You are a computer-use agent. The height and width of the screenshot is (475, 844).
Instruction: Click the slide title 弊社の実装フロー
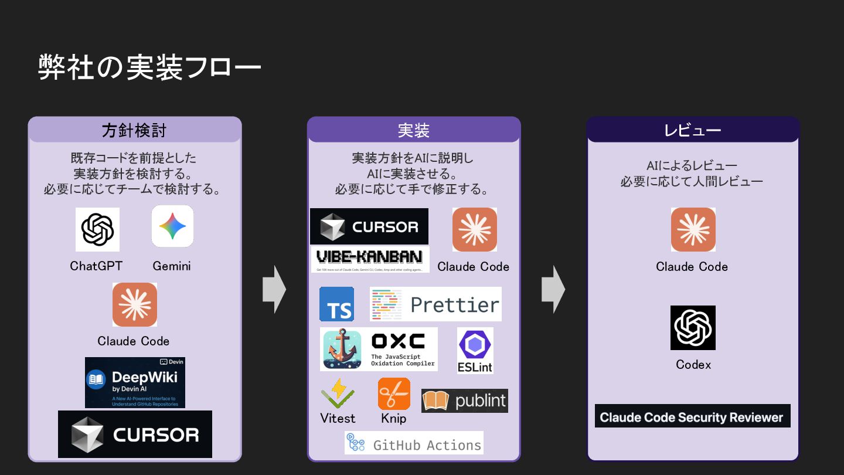click(x=149, y=67)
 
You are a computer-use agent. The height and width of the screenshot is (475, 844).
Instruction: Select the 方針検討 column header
click(x=134, y=130)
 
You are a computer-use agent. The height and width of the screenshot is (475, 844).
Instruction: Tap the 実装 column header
click(x=414, y=130)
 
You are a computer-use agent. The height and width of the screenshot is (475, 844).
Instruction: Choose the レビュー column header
click(x=693, y=130)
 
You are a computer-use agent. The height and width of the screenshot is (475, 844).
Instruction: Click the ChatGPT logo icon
click(x=97, y=229)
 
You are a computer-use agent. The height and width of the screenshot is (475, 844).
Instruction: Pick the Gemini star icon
click(x=172, y=226)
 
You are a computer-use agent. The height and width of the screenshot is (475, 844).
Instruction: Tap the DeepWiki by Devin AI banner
click(x=135, y=382)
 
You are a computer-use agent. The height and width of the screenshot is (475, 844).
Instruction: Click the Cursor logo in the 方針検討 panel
click(x=135, y=435)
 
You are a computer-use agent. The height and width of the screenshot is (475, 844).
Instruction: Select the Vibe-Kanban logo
click(x=370, y=259)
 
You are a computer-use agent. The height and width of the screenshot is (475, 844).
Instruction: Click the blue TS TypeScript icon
click(x=336, y=304)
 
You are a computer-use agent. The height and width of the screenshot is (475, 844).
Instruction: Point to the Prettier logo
click(x=435, y=304)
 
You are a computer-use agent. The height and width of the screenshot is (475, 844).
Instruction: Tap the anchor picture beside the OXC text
click(x=344, y=350)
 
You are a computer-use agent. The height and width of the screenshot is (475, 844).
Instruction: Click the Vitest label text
click(x=338, y=418)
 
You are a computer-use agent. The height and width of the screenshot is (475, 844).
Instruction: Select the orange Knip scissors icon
click(x=394, y=394)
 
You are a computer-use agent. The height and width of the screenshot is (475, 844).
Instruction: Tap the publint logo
click(x=465, y=401)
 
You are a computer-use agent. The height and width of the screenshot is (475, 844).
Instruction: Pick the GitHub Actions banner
click(x=414, y=443)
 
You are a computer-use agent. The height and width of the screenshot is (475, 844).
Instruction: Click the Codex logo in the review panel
click(x=693, y=328)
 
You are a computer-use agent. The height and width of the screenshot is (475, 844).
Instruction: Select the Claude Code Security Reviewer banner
click(x=692, y=416)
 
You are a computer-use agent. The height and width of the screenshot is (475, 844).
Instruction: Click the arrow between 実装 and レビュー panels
click(x=553, y=289)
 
